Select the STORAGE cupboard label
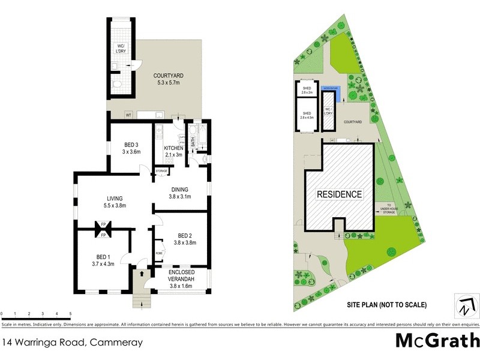click(161, 172)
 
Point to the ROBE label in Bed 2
click(159, 253)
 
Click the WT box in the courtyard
click(128, 115)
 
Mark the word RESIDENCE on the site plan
click(340, 194)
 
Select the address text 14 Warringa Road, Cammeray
click(73, 343)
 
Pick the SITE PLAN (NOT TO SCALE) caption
click(387, 305)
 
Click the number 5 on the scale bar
click(71, 314)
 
